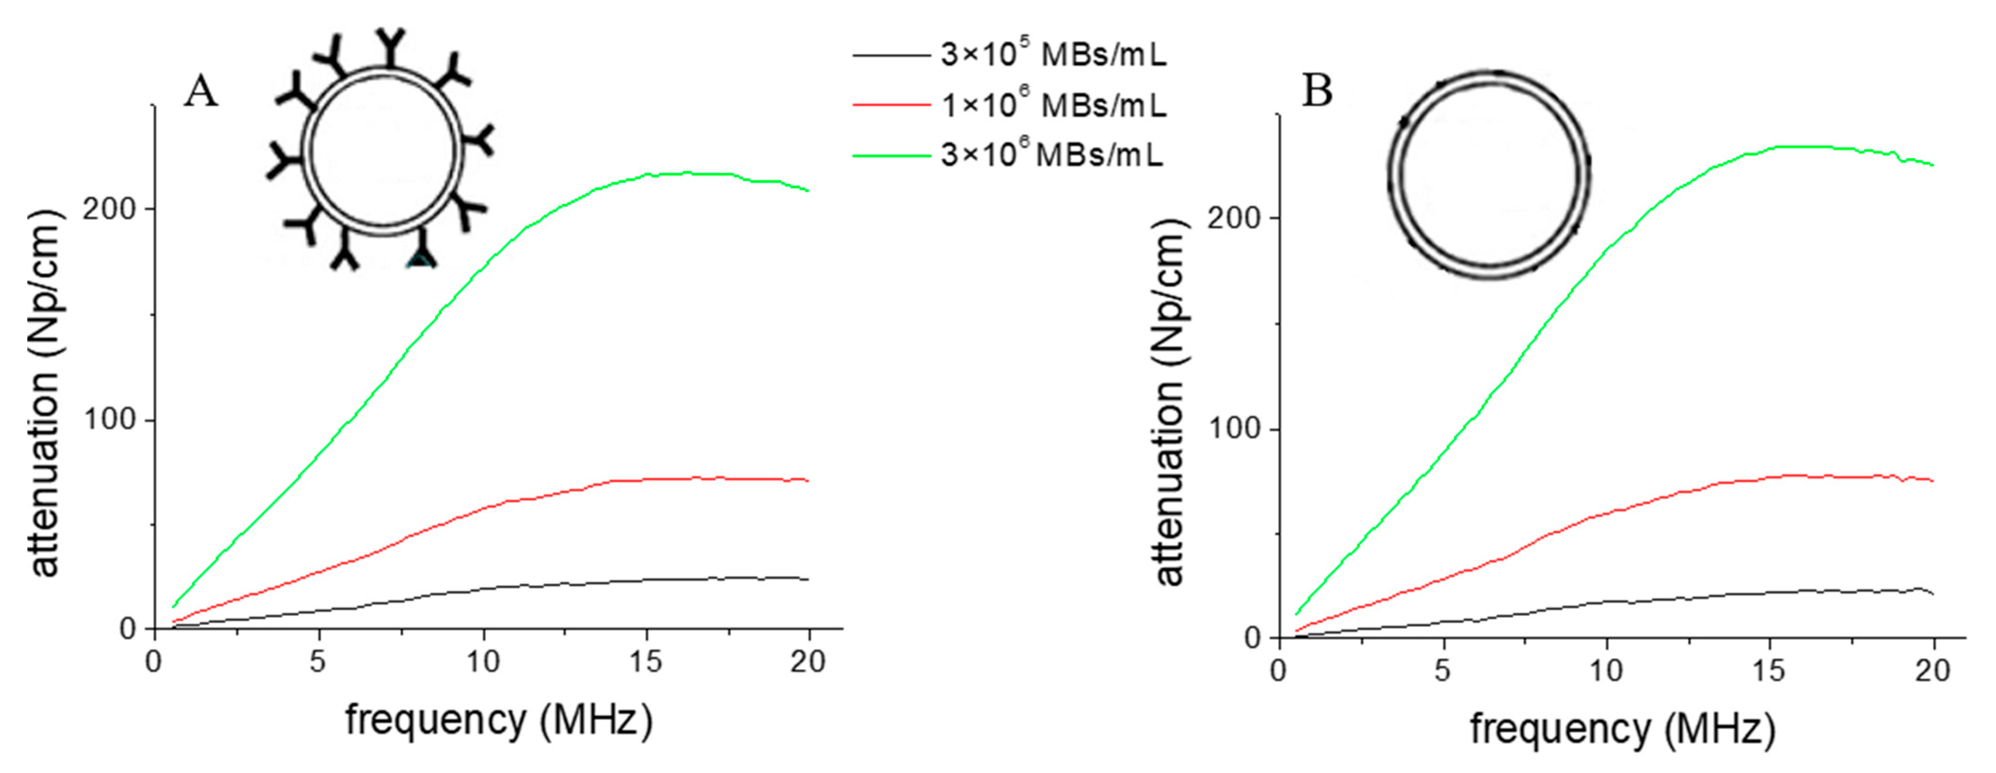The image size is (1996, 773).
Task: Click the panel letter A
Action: pyautogui.click(x=201, y=93)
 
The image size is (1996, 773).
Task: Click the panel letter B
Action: pyautogui.click(x=1317, y=92)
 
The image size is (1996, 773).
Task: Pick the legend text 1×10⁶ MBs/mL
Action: pyautogui.click(x=1053, y=105)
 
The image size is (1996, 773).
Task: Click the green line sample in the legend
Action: pyautogui.click(x=891, y=156)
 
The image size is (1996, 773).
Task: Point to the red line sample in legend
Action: pyautogui.click(x=891, y=105)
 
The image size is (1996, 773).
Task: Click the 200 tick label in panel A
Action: pyautogui.click(x=109, y=209)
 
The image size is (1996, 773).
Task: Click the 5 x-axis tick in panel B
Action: pyautogui.click(x=1442, y=671)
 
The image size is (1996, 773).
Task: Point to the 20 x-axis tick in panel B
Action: pyautogui.click(x=1932, y=671)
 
